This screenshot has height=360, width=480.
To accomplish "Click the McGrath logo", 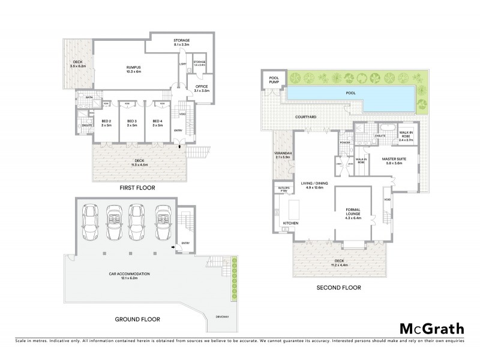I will pos(431,328).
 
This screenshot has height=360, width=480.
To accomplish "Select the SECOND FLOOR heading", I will pos(339,288).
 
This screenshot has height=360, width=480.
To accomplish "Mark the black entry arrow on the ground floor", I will pos(173,247).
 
